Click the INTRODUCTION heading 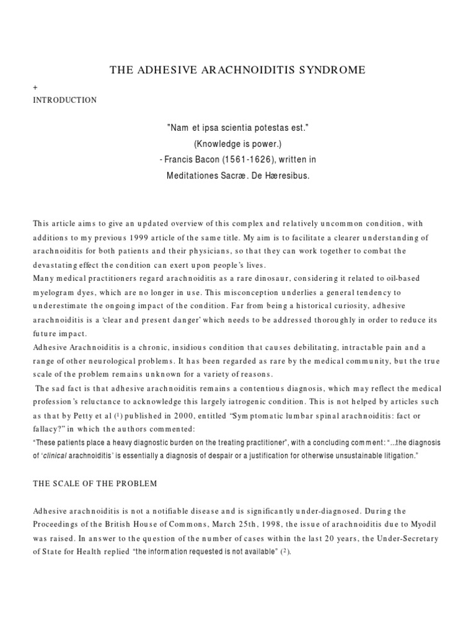click(65, 100)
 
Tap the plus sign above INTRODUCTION click(35, 89)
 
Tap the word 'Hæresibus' click(286, 176)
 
